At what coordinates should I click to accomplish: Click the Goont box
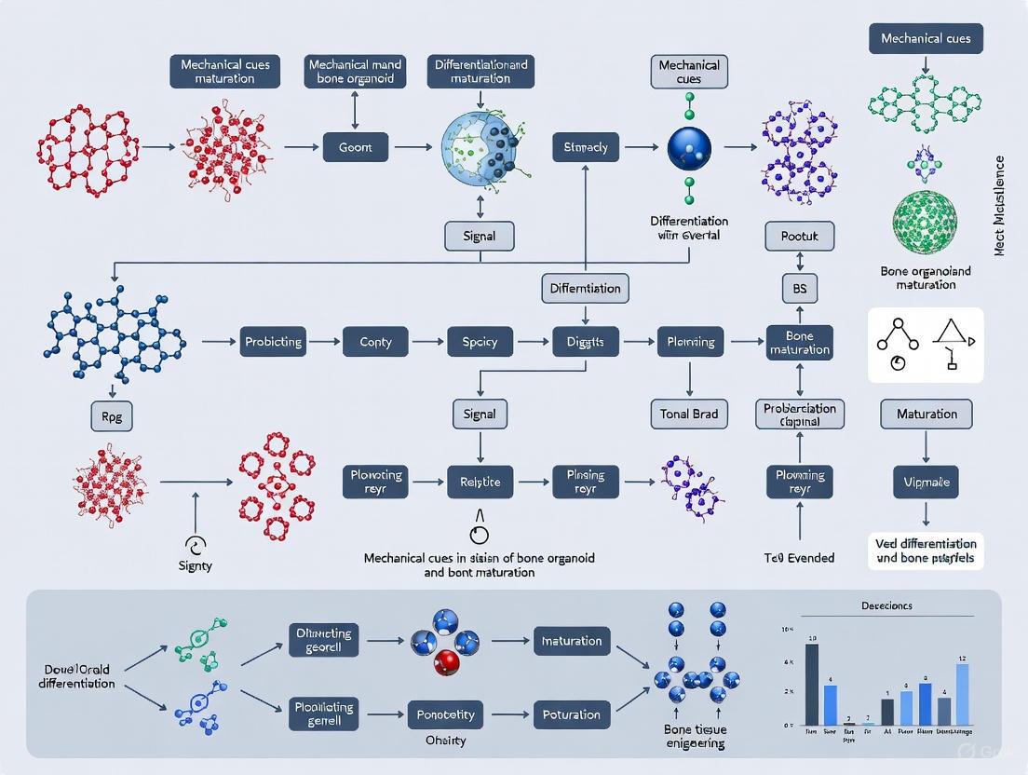point(355,147)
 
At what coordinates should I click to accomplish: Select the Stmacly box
point(585,147)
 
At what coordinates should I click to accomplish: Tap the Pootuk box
point(799,237)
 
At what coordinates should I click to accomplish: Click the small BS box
point(799,289)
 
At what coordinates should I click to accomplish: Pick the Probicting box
point(273,342)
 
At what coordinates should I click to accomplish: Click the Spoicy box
point(480,342)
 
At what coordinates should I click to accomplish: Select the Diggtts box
point(585,342)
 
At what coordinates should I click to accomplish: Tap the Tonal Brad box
point(689,414)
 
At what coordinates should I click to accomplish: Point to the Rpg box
point(112,417)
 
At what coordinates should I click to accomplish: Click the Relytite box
point(480,482)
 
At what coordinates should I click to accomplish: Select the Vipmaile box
point(926,483)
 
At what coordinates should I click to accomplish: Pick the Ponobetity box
point(445,714)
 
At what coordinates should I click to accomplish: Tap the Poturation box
point(571,714)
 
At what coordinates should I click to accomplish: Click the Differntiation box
point(585,289)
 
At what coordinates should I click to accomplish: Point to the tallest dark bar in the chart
point(812,684)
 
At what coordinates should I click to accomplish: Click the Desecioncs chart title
point(886,605)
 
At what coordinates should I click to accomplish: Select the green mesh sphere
point(925,224)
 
